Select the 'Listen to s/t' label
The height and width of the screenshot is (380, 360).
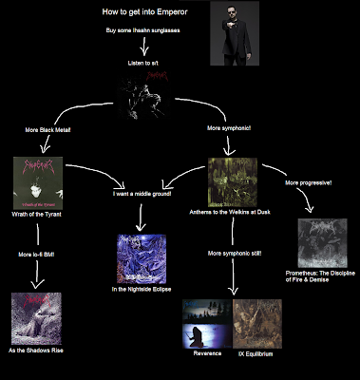tap(145, 64)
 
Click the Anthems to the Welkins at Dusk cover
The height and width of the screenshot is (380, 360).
tap(233, 181)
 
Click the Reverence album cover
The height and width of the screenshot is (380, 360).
tap(206, 322)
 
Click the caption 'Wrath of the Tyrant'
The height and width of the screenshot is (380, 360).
tap(37, 216)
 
